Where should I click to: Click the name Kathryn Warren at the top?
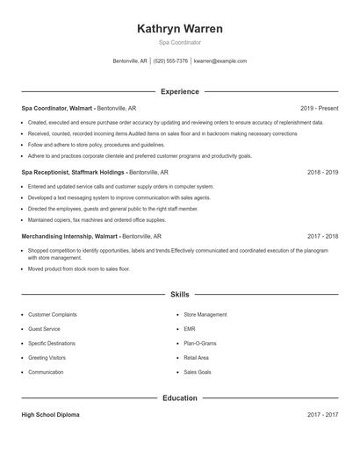coord(179,29)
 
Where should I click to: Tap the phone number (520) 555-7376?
coord(170,61)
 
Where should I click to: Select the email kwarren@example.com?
coord(220,61)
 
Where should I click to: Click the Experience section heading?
coord(179,91)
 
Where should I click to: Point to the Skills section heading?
coord(179,296)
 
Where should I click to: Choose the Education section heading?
coord(179,397)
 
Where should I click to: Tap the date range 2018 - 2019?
coord(322,172)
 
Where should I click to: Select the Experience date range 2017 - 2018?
coord(322,236)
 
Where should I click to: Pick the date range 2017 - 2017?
coord(322,414)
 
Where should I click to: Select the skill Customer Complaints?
coord(53,314)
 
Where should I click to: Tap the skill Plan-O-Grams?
coord(199,343)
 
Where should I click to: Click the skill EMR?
coord(189,329)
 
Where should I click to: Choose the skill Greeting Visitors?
coord(47,358)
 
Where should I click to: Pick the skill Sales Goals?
coord(197,372)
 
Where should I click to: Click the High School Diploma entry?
coord(50,414)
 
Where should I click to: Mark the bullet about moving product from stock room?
coord(79,268)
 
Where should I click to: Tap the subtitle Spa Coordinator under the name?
coord(179,42)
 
